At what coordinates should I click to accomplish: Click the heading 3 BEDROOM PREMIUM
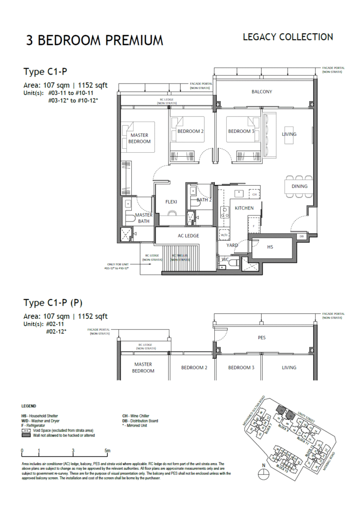click(94, 40)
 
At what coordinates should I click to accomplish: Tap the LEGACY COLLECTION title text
click(288, 37)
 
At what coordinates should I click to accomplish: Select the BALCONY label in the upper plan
click(262, 92)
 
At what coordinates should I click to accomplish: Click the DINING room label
click(299, 186)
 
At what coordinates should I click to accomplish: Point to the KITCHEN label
click(244, 208)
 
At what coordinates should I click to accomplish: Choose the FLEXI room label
click(171, 202)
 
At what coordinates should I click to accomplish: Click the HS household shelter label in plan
click(270, 246)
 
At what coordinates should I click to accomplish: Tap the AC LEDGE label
click(188, 236)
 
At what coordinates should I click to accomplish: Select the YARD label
click(232, 245)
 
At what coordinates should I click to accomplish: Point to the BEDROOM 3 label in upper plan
click(241, 131)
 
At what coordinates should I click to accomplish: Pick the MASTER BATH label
click(144, 218)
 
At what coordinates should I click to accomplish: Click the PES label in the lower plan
click(262, 338)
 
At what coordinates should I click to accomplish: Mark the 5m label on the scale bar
click(108, 451)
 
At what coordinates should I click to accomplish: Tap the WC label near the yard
click(225, 259)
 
